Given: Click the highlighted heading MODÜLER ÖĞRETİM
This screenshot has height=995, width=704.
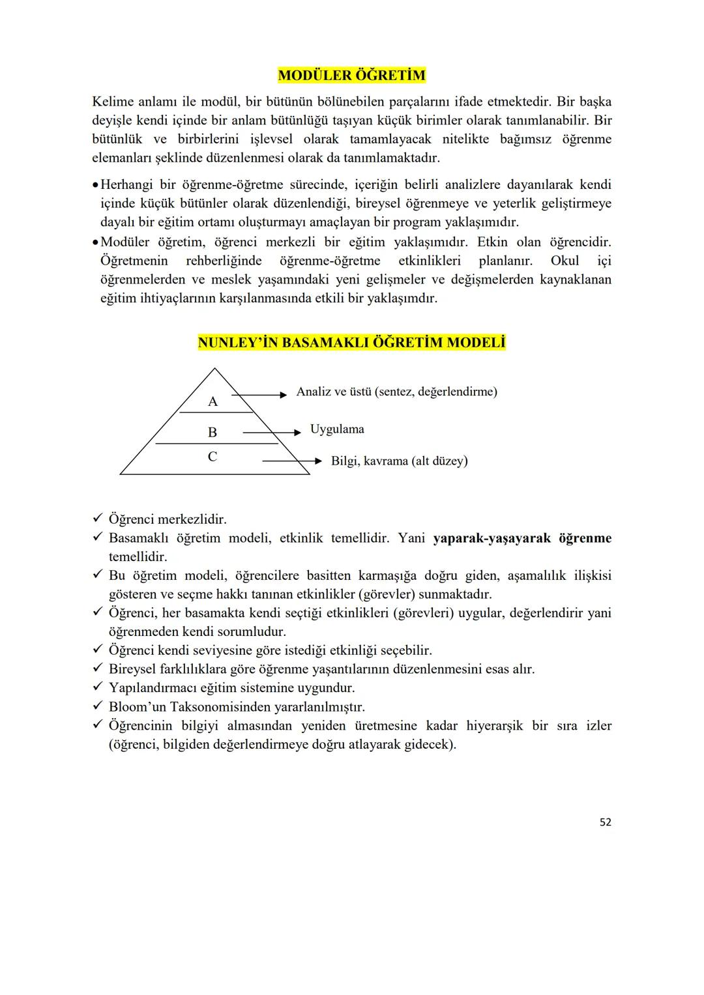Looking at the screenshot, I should pyautogui.click(x=351, y=76).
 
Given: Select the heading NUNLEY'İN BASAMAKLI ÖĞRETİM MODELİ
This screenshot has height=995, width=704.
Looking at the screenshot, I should pyautogui.click(x=351, y=343).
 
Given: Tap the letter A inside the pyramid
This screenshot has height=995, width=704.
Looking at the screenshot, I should pyautogui.click(x=213, y=402).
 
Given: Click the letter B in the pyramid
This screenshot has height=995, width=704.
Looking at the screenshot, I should pyautogui.click(x=213, y=433).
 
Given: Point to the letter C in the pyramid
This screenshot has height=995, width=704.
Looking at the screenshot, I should pyautogui.click(x=213, y=457).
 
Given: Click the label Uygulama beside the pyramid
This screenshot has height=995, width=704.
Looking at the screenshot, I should pyautogui.click(x=337, y=429).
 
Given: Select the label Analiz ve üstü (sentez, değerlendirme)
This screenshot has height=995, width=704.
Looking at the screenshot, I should pyautogui.click(x=396, y=392).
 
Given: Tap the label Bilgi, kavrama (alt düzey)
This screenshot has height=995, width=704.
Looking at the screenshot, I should pyautogui.click(x=399, y=461).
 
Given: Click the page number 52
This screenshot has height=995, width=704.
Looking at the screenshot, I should pyautogui.click(x=605, y=822).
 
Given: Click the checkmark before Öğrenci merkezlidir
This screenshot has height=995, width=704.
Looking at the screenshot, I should pyautogui.click(x=98, y=519).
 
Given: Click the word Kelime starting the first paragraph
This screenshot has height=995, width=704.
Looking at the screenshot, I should pyautogui.click(x=113, y=102).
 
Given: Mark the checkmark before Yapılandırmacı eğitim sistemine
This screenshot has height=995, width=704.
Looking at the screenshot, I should pyautogui.click(x=98, y=688).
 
